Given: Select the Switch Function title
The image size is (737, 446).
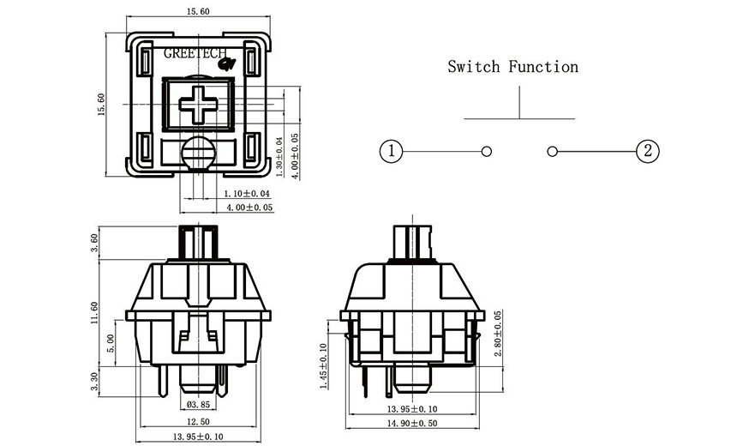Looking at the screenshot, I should (x=512, y=67).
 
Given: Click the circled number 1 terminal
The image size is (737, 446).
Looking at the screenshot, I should (x=391, y=152).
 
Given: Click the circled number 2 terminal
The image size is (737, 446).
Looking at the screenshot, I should (x=647, y=152).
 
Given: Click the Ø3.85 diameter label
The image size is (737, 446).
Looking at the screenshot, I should (x=198, y=404).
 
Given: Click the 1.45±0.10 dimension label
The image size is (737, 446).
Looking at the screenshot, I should (x=324, y=366).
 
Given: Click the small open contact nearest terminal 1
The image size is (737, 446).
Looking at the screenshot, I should (x=486, y=152).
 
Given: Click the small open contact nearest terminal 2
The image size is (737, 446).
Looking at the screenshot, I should (x=552, y=152).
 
